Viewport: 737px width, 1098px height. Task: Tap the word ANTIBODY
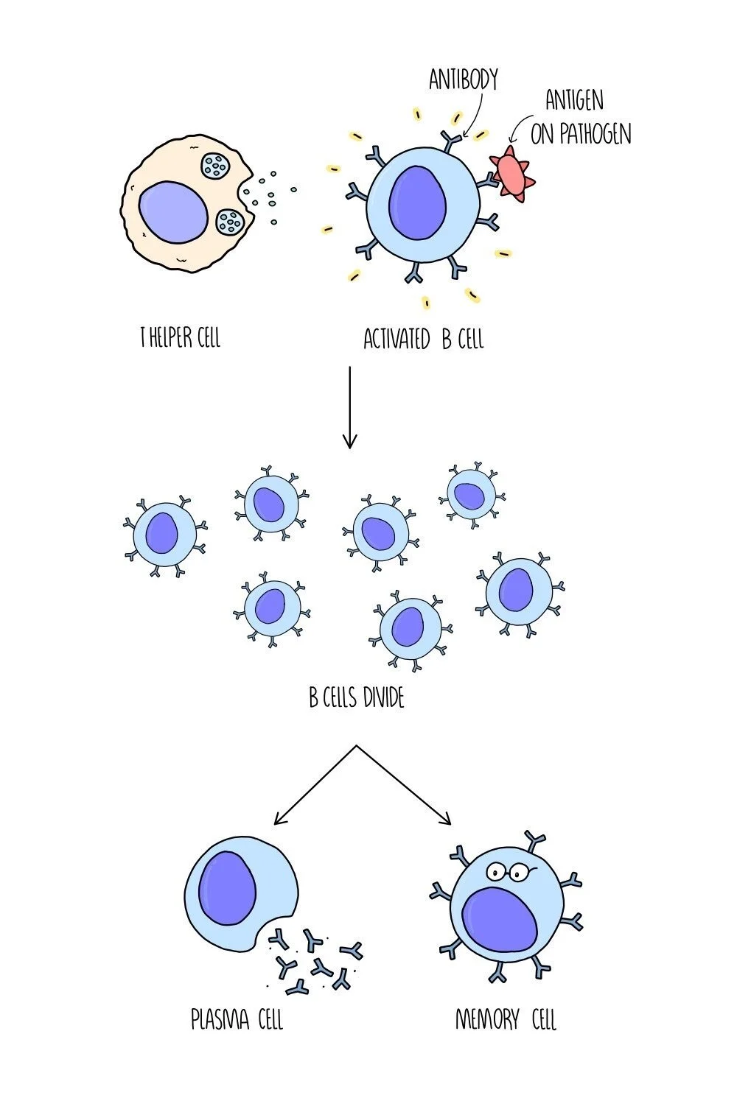(x=464, y=80)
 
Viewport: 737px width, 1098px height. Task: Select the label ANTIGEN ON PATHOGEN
(x=580, y=119)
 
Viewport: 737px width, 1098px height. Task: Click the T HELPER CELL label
(x=181, y=338)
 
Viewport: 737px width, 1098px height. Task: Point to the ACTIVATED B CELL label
(x=424, y=339)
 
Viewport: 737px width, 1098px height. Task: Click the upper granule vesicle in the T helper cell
(x=217, y=166)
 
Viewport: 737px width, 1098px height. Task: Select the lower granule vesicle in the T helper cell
(x=231, y=220)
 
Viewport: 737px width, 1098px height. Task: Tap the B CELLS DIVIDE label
(x=357, y=697)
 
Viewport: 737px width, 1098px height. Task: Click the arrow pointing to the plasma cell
(x=313, y=786)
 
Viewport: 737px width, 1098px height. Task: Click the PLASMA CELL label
(x=237, y=1020)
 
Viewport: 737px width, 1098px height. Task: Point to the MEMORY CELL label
(x=506, y=1020)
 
